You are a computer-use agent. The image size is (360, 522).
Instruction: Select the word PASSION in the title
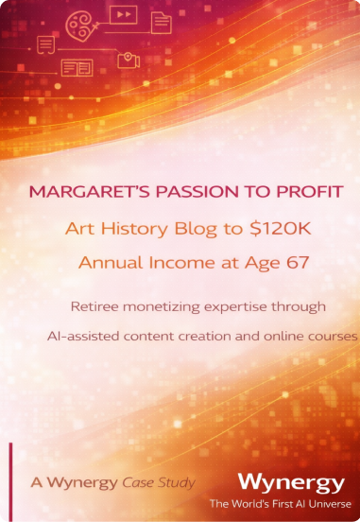[x=180, y=191]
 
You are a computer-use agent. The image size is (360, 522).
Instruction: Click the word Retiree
[x=96, y=306]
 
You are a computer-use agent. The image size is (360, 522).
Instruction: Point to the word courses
[x=332, y=336]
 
